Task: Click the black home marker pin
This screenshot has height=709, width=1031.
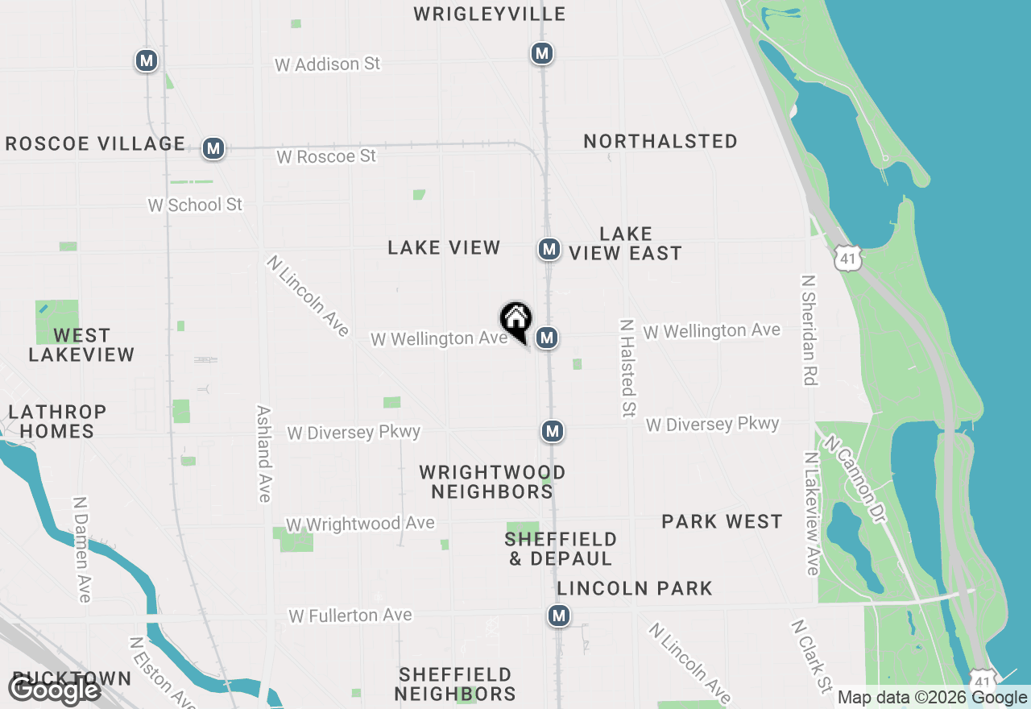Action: coord(516,320)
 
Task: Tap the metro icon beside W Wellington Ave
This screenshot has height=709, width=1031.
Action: coord(547,338)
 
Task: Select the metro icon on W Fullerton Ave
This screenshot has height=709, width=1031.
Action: coord(559,616)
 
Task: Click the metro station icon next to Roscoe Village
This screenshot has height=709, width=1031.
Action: coord(213,148)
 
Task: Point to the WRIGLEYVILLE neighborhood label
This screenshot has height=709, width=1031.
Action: coord(489,14)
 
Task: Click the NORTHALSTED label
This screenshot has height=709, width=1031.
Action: coord(660,141)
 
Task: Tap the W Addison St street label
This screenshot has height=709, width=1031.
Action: coord(327,64)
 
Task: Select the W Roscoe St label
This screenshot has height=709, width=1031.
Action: coord(326,156)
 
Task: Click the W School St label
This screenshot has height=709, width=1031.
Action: coord(195,205)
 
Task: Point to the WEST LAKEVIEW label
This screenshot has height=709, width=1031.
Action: coord(81,345)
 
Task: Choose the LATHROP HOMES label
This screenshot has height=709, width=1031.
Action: coord(57,421)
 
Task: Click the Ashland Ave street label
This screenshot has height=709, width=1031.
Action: coord(263,453)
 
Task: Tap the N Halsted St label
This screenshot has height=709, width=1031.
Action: coord(627,367)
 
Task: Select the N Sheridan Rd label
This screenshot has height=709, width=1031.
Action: coord(809,330)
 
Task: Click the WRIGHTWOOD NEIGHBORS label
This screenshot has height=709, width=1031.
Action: coord(491,482)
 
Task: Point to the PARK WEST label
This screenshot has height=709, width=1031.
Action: coord(722,522)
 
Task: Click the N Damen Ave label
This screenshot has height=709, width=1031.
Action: coord(81,549)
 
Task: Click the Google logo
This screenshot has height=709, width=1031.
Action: coord(54,690)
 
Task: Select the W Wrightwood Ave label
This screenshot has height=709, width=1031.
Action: coord(360,524)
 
